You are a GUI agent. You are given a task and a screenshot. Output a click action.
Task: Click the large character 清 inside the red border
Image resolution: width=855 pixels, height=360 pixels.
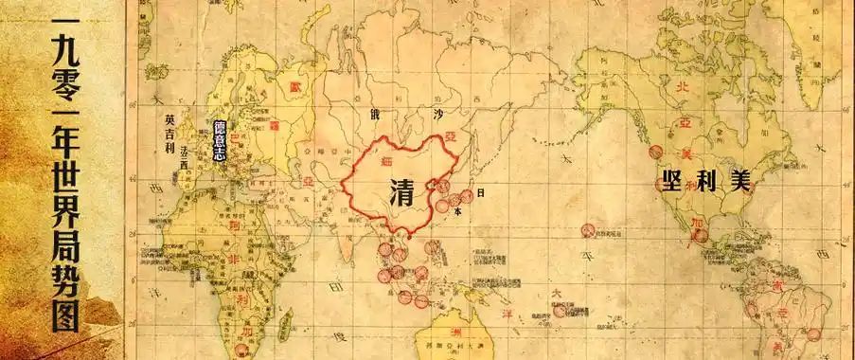(403, 195)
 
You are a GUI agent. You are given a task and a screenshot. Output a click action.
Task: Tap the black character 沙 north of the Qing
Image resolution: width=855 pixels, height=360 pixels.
(438, 115)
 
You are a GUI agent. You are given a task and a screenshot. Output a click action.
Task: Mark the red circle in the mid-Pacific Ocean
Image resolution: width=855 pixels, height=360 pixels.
(588, 230)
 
